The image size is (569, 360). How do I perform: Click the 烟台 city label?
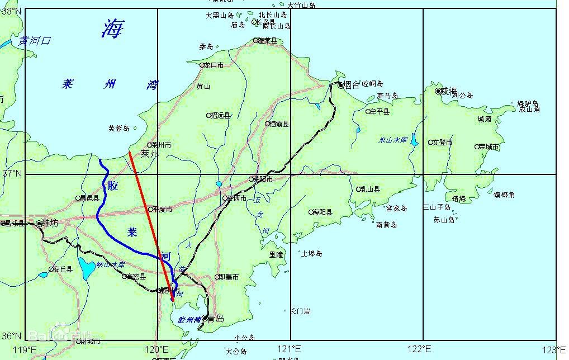pos(353,85)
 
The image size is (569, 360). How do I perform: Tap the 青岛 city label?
pos(216,319)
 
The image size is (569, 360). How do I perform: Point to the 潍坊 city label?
pos(50,223)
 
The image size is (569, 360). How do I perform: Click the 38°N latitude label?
pos(11,11)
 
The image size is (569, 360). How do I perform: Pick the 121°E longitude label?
pos(290,349)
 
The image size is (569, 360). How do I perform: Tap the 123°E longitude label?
pos(556,349)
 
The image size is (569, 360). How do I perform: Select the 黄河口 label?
pos(35,41)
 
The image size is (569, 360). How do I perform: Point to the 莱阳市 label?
pos(263,179)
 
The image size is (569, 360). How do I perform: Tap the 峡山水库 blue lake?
pos(87,269)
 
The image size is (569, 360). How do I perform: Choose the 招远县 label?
pos(220,116)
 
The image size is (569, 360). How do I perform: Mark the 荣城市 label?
pos(490,146)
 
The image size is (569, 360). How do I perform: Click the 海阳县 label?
pos(323,212)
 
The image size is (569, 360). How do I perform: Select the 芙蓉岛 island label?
pos(118,129)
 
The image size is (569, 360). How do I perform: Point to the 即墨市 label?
pos(228,277)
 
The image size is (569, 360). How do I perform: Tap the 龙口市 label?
pos(214,65)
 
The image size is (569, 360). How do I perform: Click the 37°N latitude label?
pos(11,174)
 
